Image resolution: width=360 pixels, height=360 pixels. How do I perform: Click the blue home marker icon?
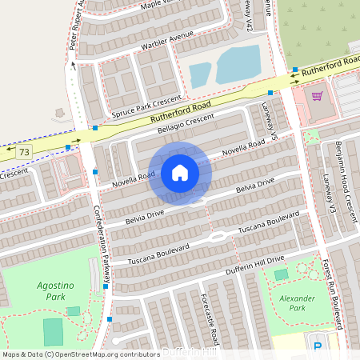pyautogui.click(x=180, y=173)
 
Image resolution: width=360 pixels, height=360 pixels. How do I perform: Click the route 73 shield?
pyautogui.click(x=24, y=151)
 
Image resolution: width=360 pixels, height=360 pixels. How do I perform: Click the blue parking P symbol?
pyautogui.click(x=318, y=346)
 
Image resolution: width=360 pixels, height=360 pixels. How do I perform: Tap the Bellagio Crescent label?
pyautogui.click(x=186, y=124)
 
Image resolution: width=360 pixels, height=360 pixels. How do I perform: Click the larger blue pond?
pyautogui.click(x=238, y=64)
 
